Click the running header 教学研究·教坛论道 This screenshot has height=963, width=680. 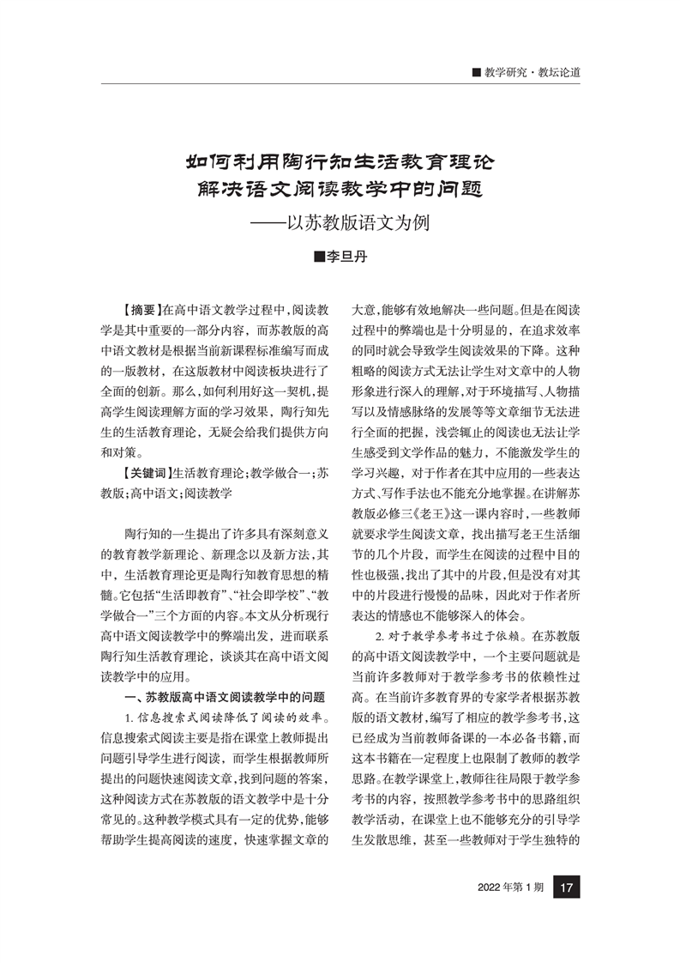click(532, 72)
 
